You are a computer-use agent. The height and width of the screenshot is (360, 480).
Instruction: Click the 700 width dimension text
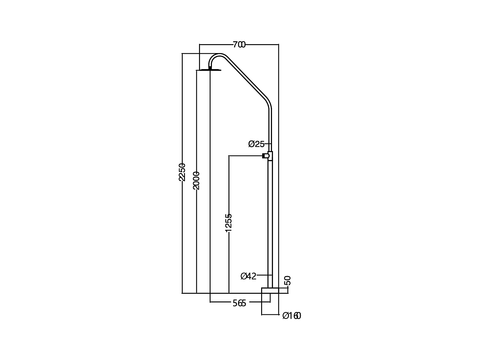(x=239, y=45)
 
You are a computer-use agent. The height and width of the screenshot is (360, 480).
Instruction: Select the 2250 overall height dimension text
(x=182, y=172)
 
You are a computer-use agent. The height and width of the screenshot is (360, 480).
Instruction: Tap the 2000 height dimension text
(x=196, y=180)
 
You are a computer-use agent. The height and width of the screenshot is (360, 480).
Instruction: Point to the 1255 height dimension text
(x=228, y=222)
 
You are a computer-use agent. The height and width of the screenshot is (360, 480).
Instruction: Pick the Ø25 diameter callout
(x=256, y=144)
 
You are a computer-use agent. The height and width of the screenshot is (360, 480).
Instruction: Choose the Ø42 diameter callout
(x=248, y=276)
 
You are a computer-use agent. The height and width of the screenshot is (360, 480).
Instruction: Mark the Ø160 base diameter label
(x=292, y=316)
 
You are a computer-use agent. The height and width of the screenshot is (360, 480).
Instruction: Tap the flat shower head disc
(x=210, y=70)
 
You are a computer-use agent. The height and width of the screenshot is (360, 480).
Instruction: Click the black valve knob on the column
(x=264, y=156)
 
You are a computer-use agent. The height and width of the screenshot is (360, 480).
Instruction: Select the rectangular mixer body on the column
(x=270, y=156)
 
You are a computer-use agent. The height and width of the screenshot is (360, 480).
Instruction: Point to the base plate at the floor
(x=270, y=290)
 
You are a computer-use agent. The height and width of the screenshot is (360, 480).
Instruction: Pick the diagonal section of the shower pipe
(x=245, y=78)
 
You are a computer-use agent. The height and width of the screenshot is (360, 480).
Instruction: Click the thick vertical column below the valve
(x=270, y=224)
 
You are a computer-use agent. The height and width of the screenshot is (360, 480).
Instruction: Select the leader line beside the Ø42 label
(x=264, y=275)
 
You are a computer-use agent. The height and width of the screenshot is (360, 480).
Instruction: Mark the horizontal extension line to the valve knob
(x=245, y=156)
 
